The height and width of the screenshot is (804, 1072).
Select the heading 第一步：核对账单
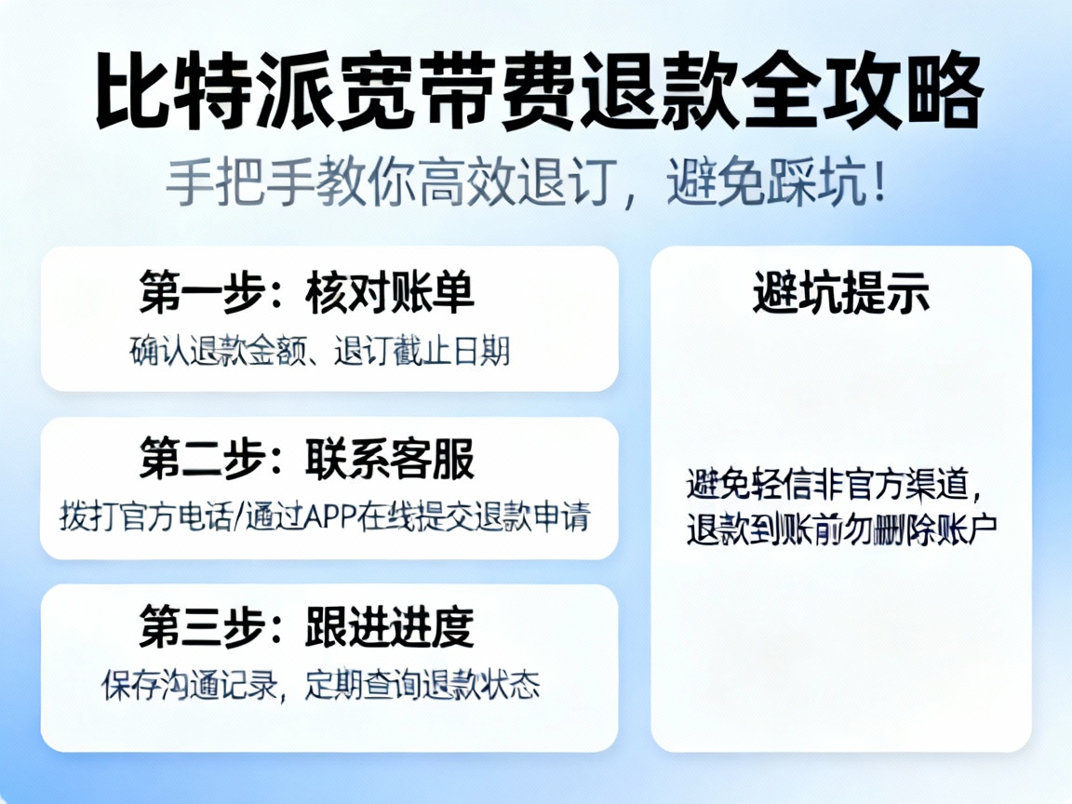pos(307,292)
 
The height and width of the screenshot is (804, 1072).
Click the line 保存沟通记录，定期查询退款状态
pos(320,685)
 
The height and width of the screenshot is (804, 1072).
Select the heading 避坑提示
pos(841,293)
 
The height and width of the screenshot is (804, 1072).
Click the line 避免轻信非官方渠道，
pos(834,485)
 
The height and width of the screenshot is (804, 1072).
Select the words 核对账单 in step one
pos(389,292)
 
